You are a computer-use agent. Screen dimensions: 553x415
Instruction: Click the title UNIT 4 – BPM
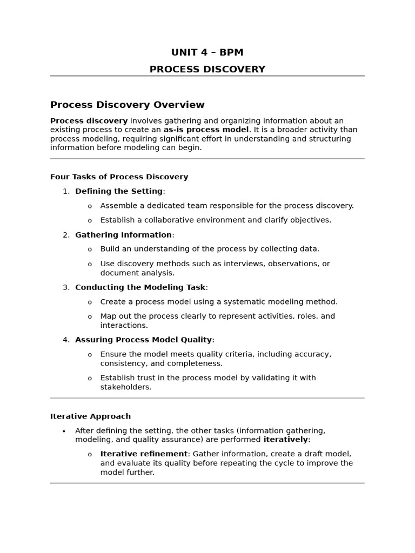coord(207,52)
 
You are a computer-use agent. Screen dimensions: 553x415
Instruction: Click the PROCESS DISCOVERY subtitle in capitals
coord(207,69)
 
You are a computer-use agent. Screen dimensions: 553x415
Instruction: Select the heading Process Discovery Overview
coord(127,105)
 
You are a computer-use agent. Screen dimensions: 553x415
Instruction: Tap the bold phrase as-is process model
coord(206,130)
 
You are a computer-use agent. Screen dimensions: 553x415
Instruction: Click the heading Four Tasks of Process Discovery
coord(119,177)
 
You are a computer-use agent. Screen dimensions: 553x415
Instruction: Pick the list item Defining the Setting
coord(119,191)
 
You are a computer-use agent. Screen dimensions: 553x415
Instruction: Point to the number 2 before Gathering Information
coord(65,235)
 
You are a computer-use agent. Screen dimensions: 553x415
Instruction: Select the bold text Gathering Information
coord(123,235)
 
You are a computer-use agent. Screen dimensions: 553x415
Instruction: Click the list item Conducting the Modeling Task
coord(140,287)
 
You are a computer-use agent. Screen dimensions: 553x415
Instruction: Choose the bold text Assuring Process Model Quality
coord(143,340)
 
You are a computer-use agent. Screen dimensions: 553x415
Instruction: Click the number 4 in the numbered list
coord(65,340)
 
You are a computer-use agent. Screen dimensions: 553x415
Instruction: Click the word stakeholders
coord(125,387)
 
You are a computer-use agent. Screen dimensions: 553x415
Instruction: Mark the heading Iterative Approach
coord(90,416)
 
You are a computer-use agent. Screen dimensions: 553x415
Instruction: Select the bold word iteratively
coord(285,440)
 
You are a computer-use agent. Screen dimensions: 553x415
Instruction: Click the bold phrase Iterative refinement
coord(144,454)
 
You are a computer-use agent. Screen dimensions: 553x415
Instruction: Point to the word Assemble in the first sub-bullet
coord(118,206)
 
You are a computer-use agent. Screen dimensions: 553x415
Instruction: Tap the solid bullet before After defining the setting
coord(64,431)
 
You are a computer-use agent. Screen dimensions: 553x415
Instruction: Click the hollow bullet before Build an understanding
coord(90,249)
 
